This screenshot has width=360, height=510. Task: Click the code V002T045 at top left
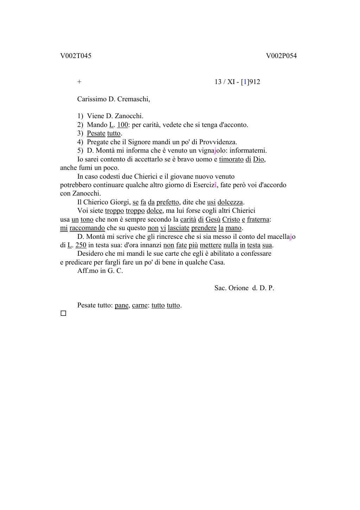(x=76, y=56)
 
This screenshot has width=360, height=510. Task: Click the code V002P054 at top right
(x=281, y=56)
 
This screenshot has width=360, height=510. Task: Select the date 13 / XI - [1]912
(x=237, y=82)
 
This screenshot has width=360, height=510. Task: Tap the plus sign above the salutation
(x=79, y=82)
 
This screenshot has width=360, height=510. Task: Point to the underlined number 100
(x=122, y=125)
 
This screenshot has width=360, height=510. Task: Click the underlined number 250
(x=81, y=245)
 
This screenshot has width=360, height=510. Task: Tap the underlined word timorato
(x=231, y=159)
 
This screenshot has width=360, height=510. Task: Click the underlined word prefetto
(x=168, y=202)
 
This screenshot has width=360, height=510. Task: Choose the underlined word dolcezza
(x=230, y=202)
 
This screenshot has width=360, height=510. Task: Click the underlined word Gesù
(x=213, y=219)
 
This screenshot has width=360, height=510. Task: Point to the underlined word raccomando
(x=87, y=228)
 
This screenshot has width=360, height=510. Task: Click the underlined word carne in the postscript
(x=140, y=305)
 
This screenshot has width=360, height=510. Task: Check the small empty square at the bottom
(x=63, y=313)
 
